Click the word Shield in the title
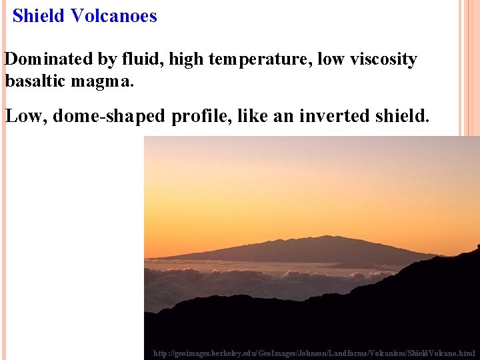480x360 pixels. (x=37, y=16)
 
